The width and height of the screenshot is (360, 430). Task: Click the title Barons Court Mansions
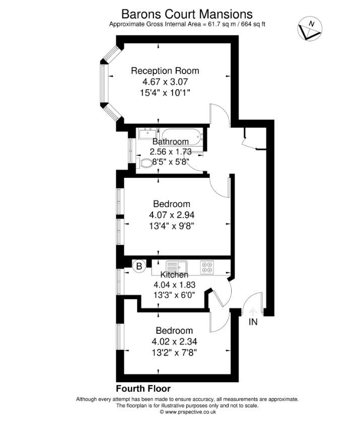tap(187, 13)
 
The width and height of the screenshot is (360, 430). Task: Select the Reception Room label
tap(165, 70)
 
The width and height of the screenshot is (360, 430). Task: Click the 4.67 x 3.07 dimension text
tap(165, 81)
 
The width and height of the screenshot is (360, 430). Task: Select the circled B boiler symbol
tap(139, 265)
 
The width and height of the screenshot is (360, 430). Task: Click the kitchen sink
tap(176, 266)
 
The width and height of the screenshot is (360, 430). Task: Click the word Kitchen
tap(174, 275)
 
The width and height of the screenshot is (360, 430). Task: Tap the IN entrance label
tap(253, 322)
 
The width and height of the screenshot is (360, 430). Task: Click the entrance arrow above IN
tap(253, 311)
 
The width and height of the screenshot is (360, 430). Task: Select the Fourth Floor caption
tap(143, 389)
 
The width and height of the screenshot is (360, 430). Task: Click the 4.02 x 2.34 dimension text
tap(174, 341)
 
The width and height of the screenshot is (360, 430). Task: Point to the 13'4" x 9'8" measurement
tap(172, 226)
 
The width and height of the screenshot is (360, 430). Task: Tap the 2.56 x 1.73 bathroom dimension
tap(171, 152)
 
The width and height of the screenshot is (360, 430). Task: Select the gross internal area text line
tap(187, 24)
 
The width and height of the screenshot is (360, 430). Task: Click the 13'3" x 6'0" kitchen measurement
tap(174, 295)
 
